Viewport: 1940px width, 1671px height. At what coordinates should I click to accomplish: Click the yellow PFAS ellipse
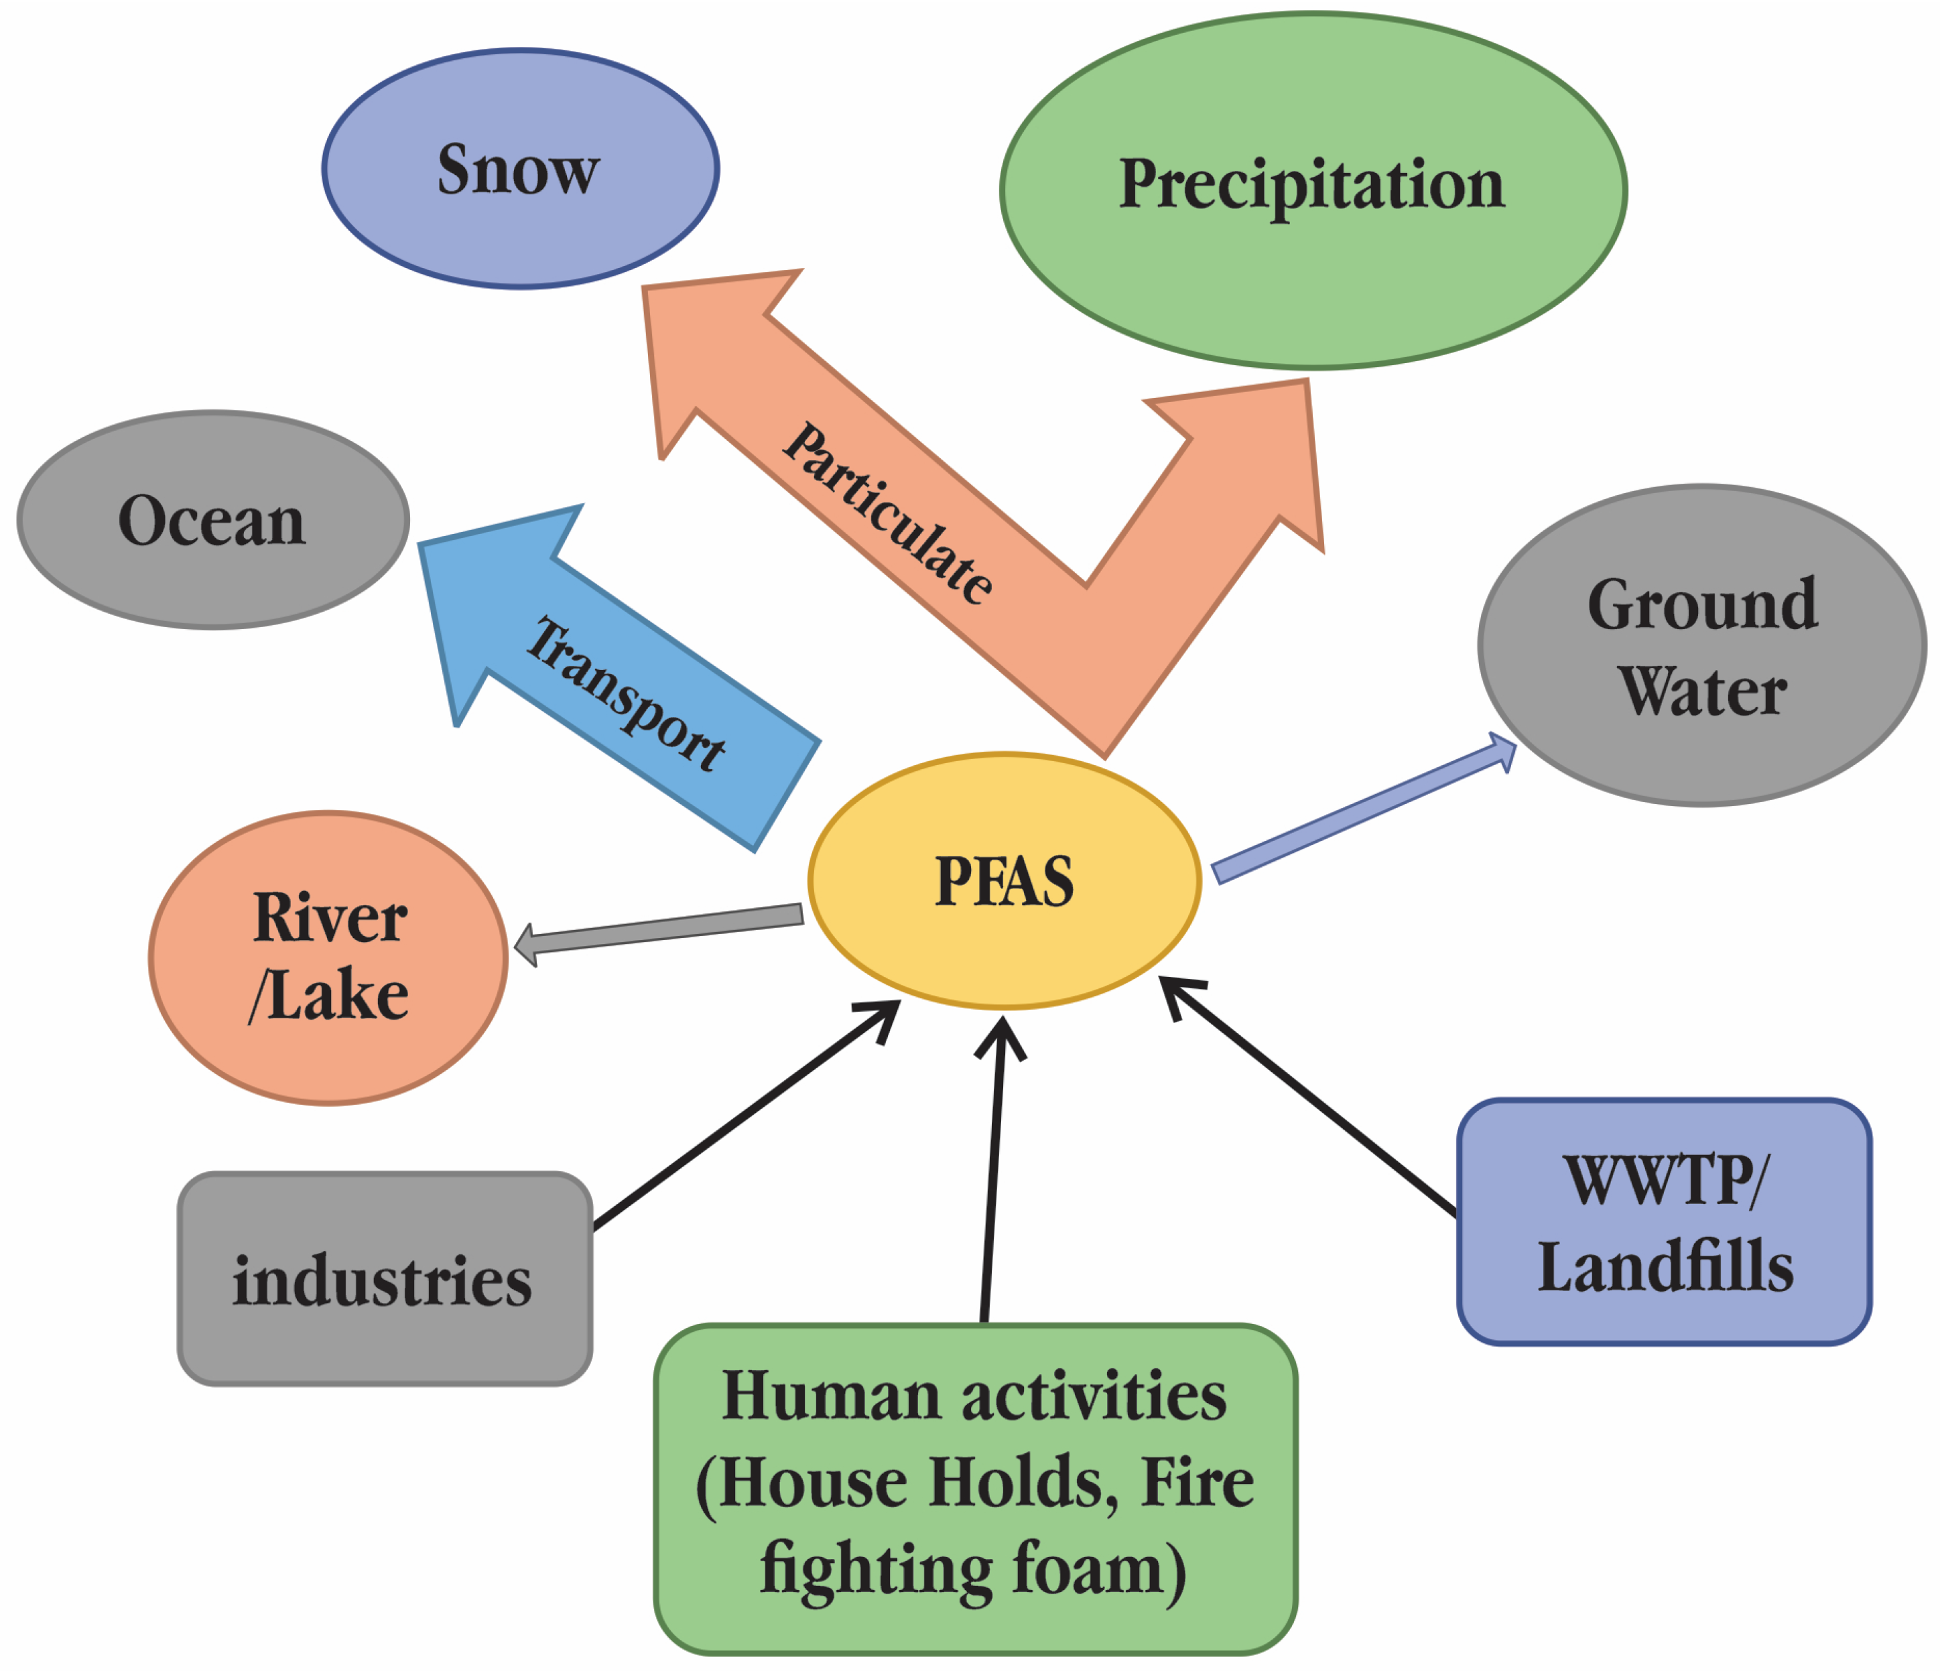click(1004, 880)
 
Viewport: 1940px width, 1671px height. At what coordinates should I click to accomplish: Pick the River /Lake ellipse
click(328, 957)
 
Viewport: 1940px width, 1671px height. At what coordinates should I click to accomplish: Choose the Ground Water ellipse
click(1701, 646)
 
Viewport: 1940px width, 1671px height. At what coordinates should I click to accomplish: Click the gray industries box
click(384, 1279)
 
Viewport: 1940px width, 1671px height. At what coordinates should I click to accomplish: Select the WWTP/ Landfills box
click(1664, 1221)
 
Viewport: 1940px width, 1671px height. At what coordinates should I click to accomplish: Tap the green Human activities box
click(974, 1489)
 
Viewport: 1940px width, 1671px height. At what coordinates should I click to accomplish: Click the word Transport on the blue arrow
click(625, 695)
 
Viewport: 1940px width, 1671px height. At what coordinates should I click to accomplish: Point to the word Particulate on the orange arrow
click(888, 513)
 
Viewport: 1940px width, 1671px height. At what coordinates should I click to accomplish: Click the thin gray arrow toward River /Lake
click(660, 929)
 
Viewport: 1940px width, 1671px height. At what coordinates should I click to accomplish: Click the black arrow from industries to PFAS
click(745, 1116)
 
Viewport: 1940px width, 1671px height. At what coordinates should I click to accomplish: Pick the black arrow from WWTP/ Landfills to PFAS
click(1311, 1097)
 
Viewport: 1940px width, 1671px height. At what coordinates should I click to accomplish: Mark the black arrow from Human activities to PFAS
click(992, 1170)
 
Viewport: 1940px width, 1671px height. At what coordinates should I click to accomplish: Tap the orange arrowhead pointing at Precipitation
click(1254, 450)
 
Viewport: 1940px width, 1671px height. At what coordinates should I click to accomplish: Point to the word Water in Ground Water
click(1702, 693)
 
